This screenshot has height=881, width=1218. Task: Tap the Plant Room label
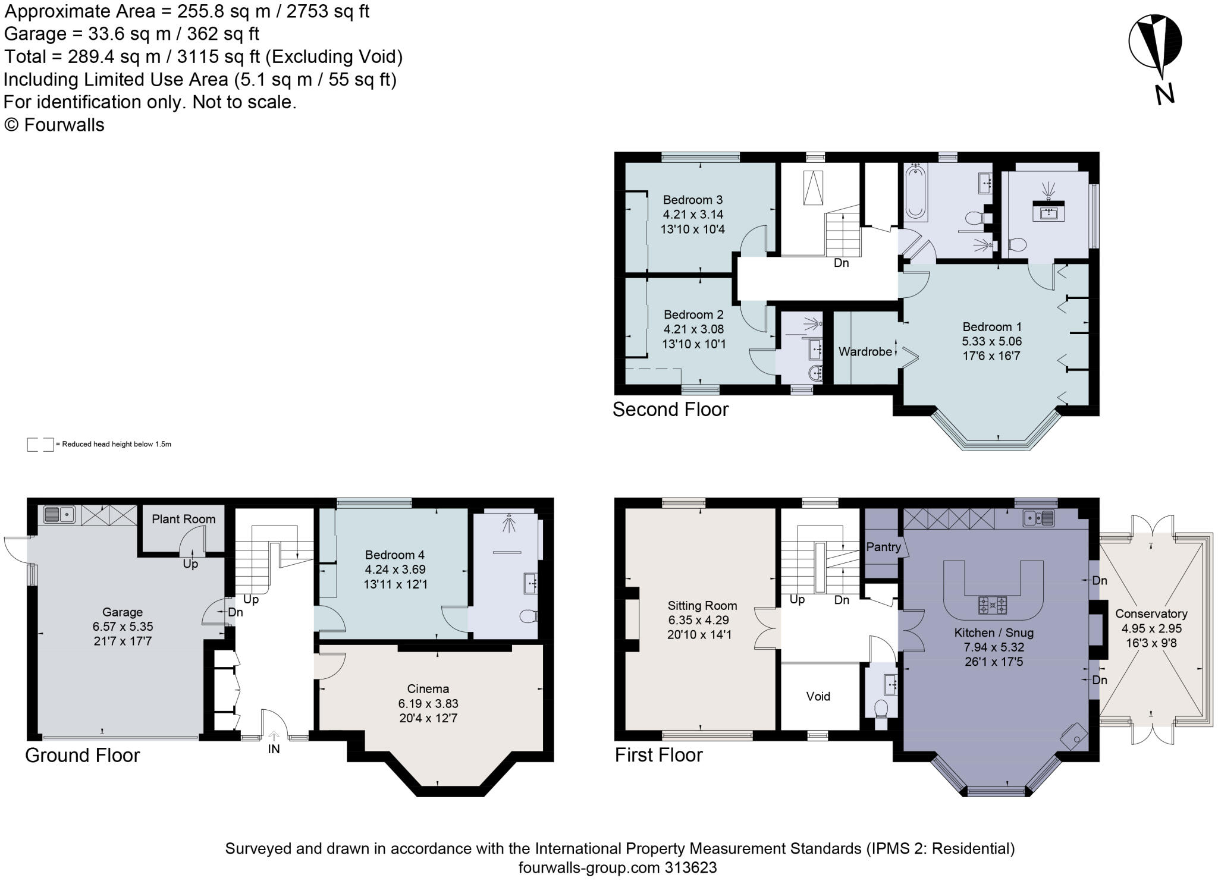tap(183, 519)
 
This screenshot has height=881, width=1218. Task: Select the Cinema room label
tap(428, 689)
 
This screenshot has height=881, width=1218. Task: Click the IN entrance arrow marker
tap(274, 737)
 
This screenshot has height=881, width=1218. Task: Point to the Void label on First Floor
tap(818, 696)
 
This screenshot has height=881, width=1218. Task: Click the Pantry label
tap(883, 547)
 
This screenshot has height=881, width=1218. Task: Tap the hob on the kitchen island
tap(993, 606)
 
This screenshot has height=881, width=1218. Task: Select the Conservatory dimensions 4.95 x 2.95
tap(1151, 628)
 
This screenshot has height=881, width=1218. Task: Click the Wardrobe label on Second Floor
tap(865, 351)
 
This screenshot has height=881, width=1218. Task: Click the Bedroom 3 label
tap(692, 200)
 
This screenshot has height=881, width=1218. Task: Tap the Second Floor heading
tap(670, 410)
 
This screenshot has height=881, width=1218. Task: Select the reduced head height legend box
tap(40, 445)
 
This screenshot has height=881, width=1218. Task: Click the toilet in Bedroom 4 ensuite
tap(527, 616)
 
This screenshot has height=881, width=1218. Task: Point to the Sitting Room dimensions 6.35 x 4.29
tap(702, 620)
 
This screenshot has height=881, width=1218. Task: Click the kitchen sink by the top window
tap(1039, 518)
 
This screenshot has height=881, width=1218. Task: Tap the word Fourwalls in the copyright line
tap(64, 125)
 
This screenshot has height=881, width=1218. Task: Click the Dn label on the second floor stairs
tap(841, 263)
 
